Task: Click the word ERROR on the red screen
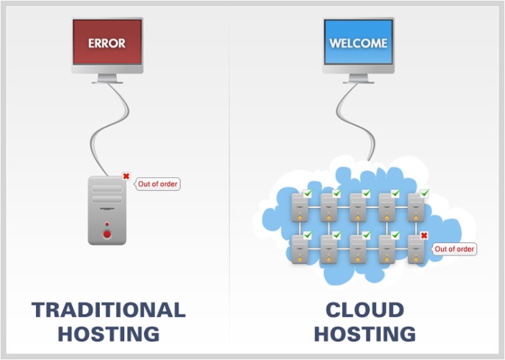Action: [x=107, y=43]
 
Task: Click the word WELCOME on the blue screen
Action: [x=358, y=43]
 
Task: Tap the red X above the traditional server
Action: [x=126, y=176]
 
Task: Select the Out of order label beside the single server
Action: [x=158, y=184]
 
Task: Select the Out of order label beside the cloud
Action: [x=455, y=249]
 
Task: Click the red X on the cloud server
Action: [x=424, y=235]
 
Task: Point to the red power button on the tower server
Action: [x=107, y=234]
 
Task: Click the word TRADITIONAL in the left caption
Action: [x=108, y=310]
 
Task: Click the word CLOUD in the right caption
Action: [x=364, y=310]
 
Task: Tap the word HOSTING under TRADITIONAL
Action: [x=108, y=333]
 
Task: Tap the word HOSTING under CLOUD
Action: [x=364, y=333]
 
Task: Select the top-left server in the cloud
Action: [x=299, y=207]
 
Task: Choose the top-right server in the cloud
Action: [x=417, y=207]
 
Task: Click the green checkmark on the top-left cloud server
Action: [x=308, y=194]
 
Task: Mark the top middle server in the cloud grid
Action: [x=358, y=207]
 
